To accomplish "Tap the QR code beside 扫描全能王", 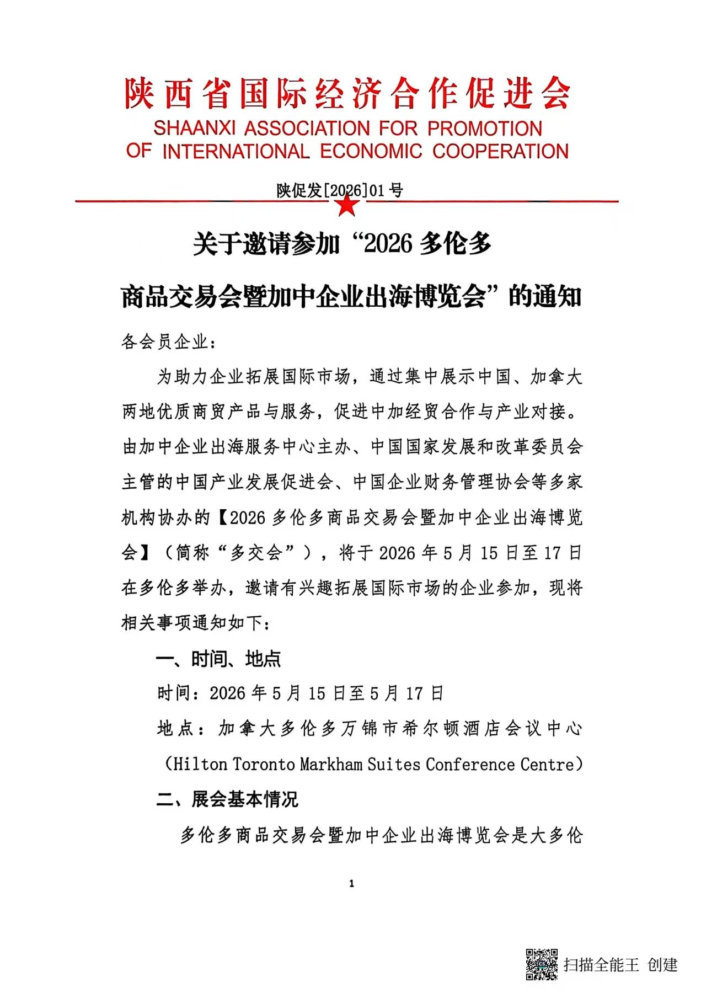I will (x=541, y=964).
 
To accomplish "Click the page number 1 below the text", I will (x=351, y=883).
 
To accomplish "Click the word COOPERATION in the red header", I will (x=500, y=151).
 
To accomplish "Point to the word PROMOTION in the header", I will (x=485, y=129).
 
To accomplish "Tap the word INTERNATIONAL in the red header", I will (x=236, y=151).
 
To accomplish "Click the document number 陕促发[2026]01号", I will (x=340, y=190).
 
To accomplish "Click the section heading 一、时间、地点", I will (x=218, y=658).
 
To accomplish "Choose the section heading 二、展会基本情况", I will (x=227, y=799).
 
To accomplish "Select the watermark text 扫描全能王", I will (x=601, y=964).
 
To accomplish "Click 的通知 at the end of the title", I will (x=545, y=296).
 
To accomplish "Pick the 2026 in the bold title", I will (x=388, y=243).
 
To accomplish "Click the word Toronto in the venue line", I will (x=264, y=764).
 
